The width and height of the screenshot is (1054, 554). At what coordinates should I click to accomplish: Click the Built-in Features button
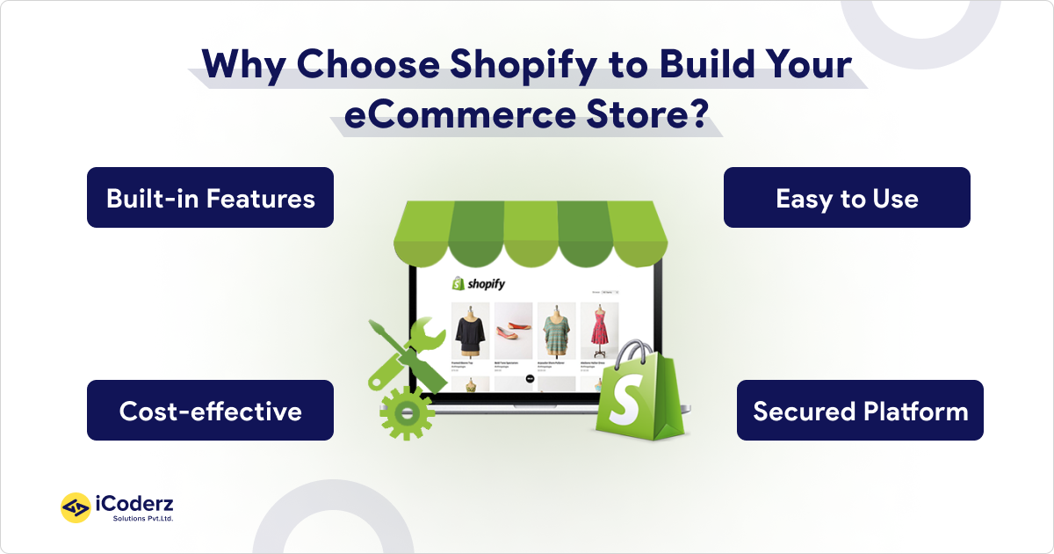[x=210, y=198]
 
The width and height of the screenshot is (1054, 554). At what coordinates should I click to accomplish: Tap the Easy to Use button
[x=847, y=198]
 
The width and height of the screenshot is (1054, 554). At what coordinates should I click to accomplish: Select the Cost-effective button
[x=210, y=411]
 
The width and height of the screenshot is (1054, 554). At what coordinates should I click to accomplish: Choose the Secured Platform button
[x=860, y=411]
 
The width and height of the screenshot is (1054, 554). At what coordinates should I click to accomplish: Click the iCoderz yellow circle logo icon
[x=76, y=507]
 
